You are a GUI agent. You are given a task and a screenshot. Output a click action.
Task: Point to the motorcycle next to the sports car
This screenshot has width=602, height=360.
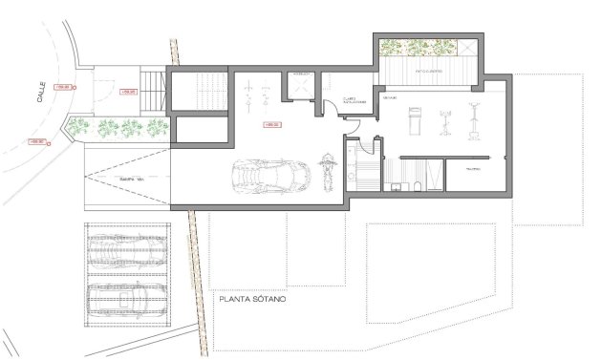326,172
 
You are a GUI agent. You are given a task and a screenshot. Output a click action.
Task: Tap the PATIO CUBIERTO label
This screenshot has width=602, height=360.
431,73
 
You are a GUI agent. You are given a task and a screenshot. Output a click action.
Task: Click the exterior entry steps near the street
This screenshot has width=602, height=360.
151,92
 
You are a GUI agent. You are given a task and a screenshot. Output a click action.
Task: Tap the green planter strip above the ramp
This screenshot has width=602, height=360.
120,126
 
